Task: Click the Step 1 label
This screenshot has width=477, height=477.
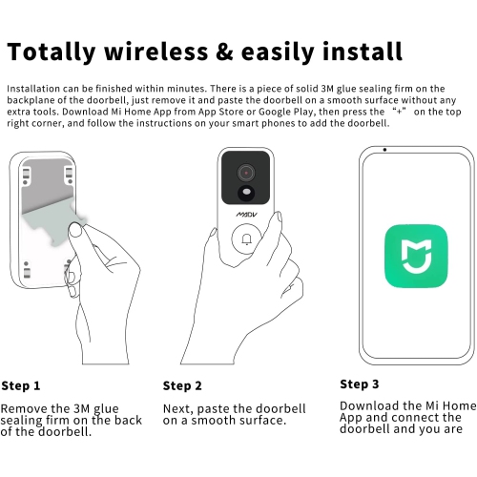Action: [21, 385]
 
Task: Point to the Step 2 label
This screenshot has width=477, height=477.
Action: [182, 385]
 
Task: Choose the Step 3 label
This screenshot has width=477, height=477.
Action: [360, 384]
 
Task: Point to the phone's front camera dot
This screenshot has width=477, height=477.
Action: [384, 150]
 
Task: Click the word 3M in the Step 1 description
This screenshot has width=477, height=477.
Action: [82, 408]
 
